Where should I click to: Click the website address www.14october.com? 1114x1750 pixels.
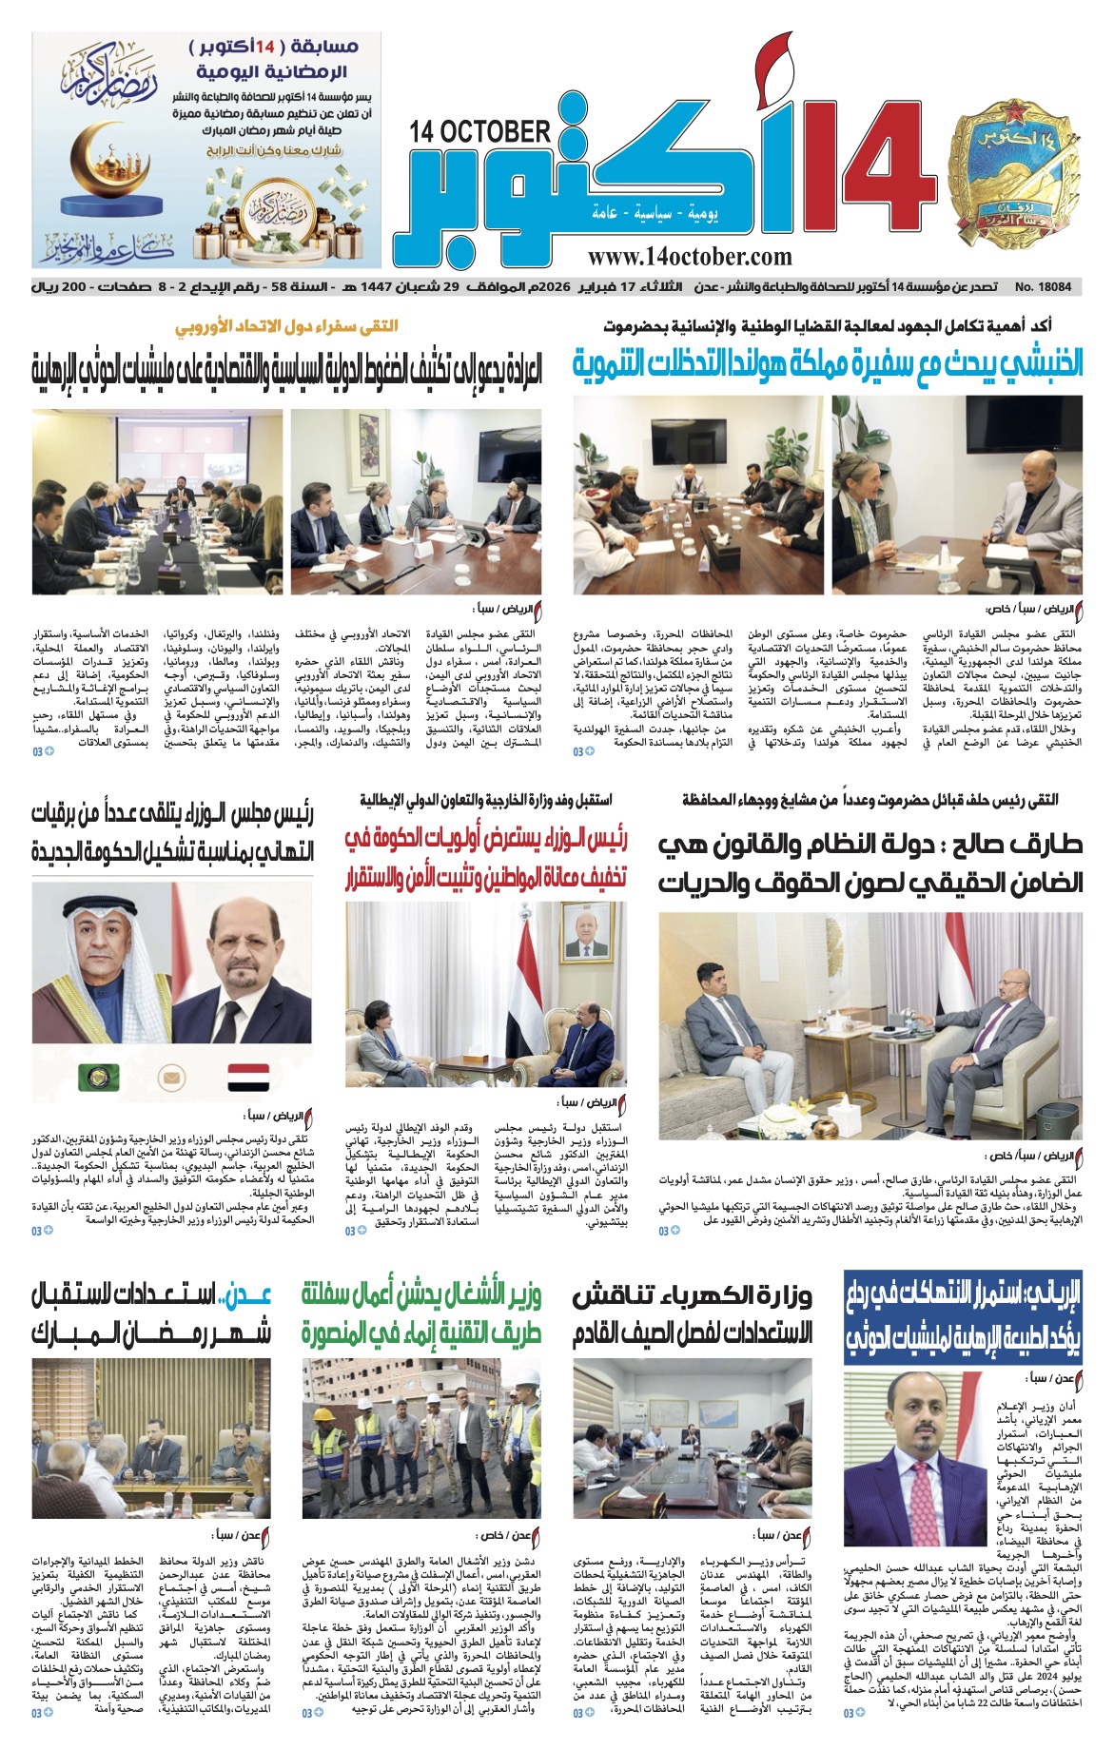[x=690, y=257]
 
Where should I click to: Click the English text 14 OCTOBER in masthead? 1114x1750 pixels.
[x=481, y=132]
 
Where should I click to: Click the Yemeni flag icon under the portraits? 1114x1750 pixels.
[x=248, y=1078]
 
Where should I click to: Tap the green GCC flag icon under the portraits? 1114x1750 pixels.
[x=99, y=1078]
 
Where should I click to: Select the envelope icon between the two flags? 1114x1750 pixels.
[x=173, y=1079]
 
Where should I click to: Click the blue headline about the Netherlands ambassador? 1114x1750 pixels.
[x=828, y=364]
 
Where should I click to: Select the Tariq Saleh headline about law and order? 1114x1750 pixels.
[x=870, y=863]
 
